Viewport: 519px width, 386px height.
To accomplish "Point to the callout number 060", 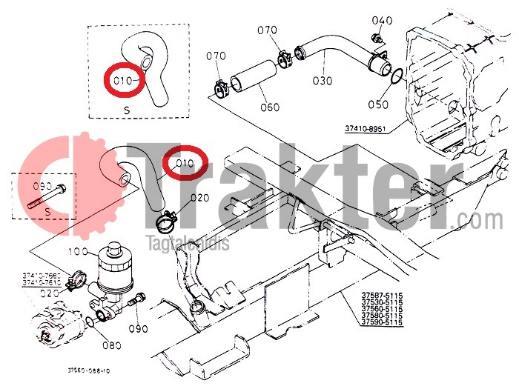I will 269,107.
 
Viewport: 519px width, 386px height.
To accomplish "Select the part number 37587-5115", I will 382,296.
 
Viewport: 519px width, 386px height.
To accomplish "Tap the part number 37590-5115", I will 382,322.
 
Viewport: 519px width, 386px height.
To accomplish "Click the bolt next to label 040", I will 377,38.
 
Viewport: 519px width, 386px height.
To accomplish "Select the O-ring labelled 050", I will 397,76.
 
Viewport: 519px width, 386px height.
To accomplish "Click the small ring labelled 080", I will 90,322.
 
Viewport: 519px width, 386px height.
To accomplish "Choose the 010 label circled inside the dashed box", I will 125,79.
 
